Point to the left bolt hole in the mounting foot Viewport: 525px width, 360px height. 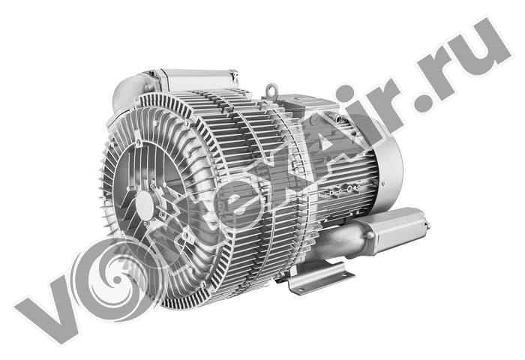click(300, 290)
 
